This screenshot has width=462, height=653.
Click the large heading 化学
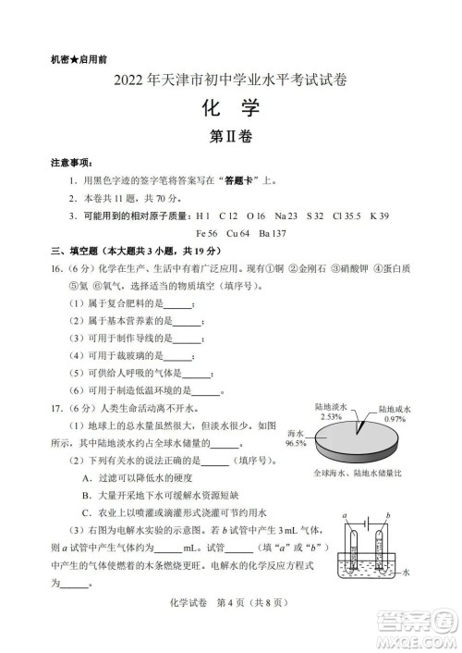230,107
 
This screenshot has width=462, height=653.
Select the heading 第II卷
230,137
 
